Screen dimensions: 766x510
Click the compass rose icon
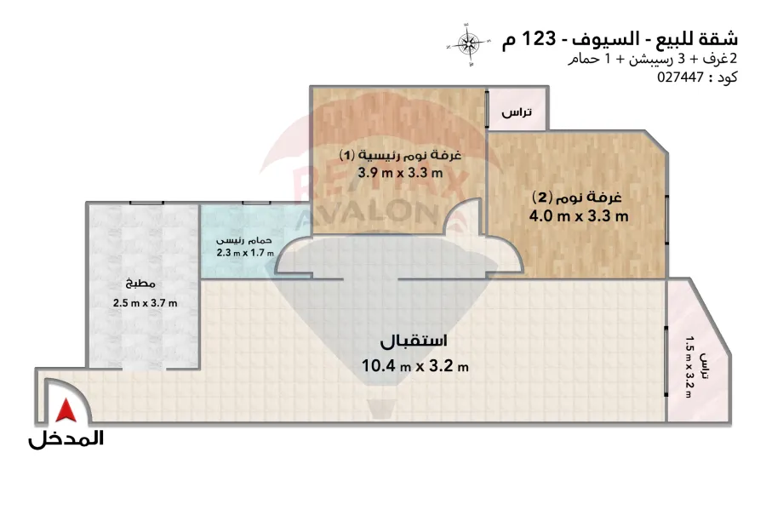pyautogui.click(x=469, y=44)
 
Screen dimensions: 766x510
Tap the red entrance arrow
pyautogui.click(x=66, y=410)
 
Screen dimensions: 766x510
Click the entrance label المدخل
pyautogui.click(x=66, y=438)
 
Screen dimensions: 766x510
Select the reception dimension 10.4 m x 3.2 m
pyautogui.click(x=414, y=365)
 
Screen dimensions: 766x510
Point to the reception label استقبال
pyautogui.click(x=414, y=341)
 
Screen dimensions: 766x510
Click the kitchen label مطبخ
pyautogui.click(x=140, y=284)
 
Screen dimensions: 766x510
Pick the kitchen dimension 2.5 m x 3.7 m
pyautogui.click(x=145, y=303)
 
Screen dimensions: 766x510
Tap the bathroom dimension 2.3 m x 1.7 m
pyautogui.click(x=245, y=253)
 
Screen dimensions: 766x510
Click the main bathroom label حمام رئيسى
pyautogui.click(x=244, y=241)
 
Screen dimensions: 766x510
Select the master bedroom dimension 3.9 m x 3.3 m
pyautogui.click(x=400, y=173)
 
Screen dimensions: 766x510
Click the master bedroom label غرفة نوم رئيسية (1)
pyautogui.click(x=400, y=155)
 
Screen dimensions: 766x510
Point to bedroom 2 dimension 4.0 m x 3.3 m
pyautogui.click(x=579, y=216)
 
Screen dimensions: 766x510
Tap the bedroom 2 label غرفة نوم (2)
pyautogui.click(x=576, y=198)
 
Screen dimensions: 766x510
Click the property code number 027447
pyautogui.click(x=680, y=77)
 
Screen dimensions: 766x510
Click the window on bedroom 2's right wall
pyautogui.click(x=667, y=219)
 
